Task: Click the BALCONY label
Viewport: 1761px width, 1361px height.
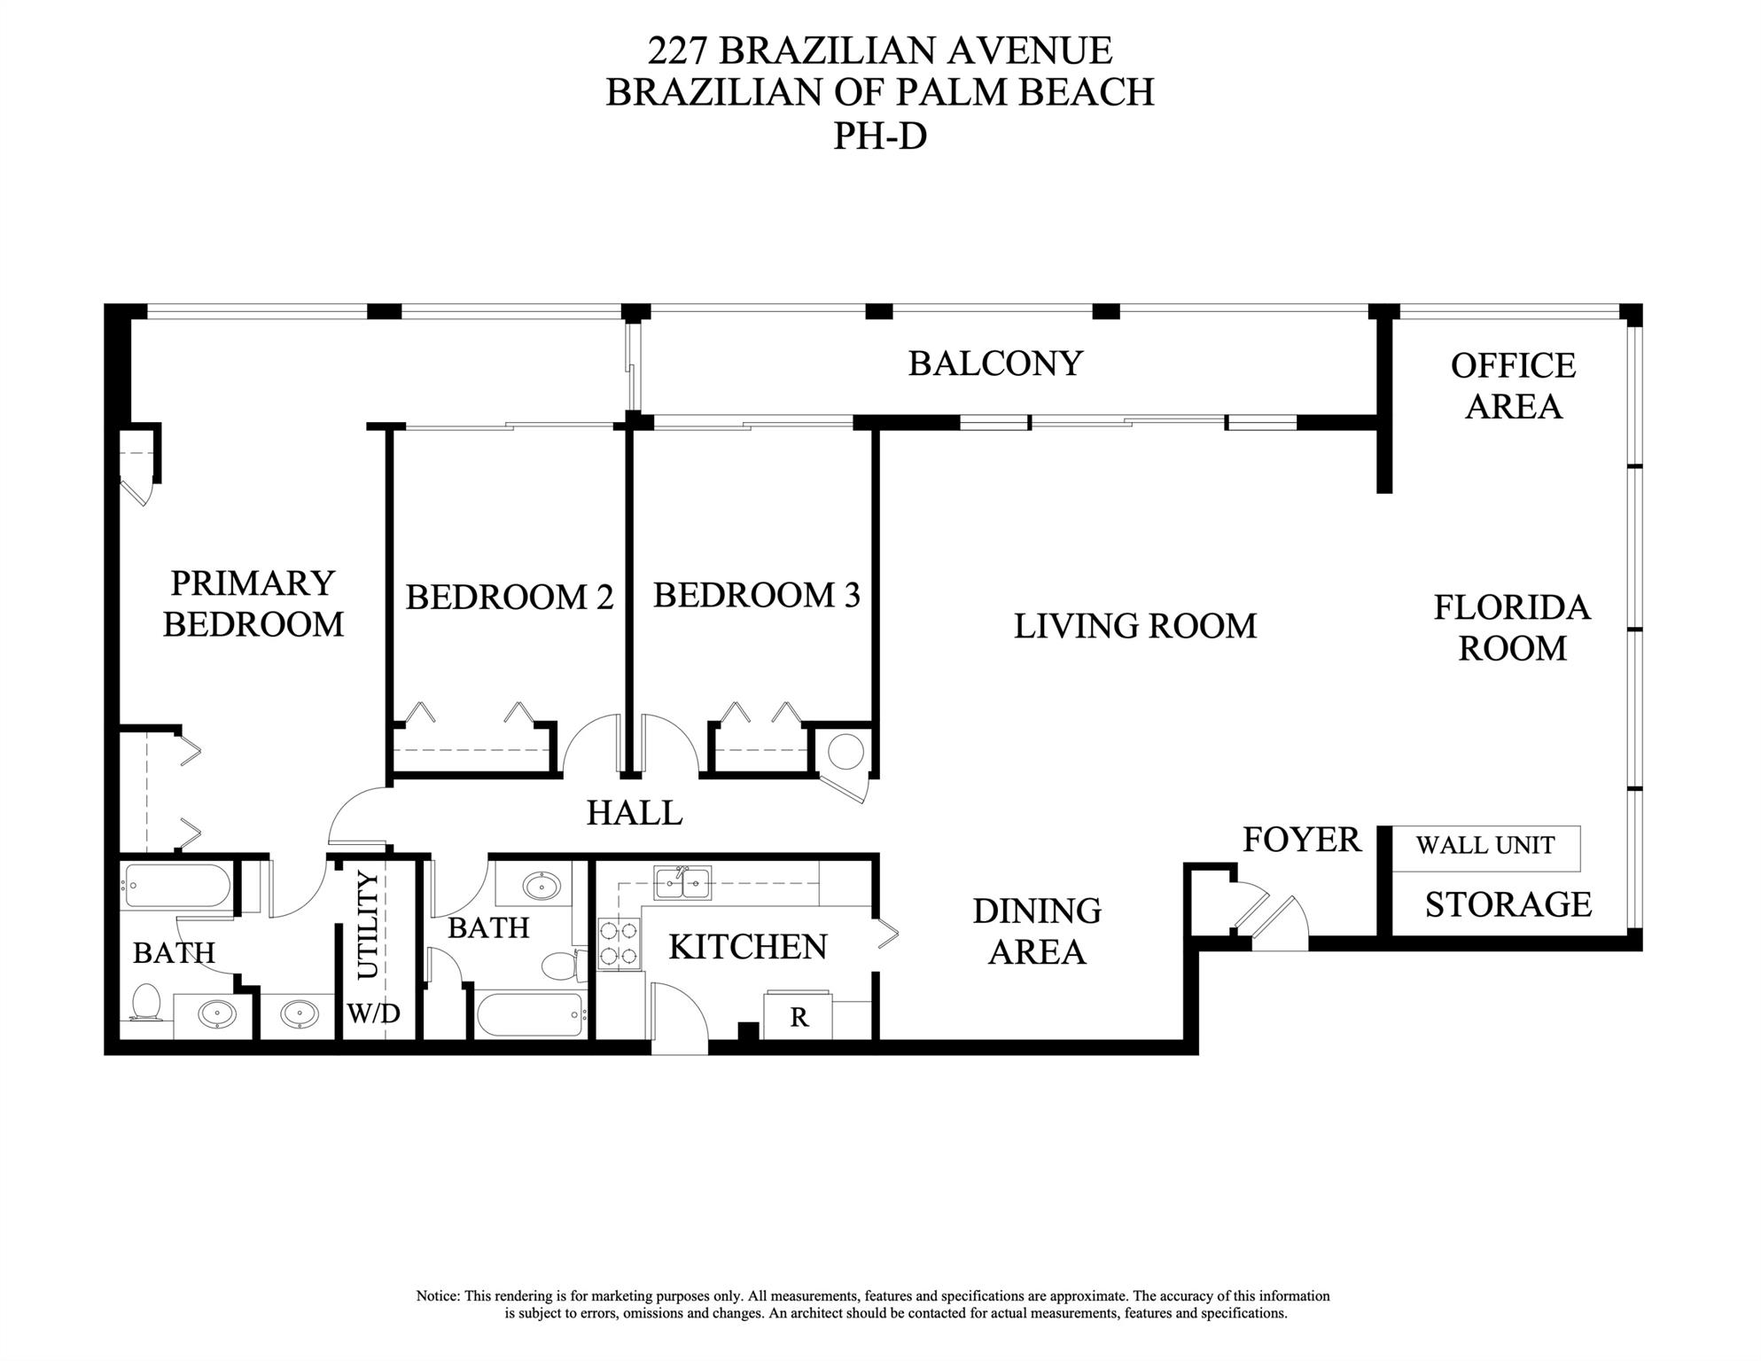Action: point(994,364)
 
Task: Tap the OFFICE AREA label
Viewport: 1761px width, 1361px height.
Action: point(1513,386)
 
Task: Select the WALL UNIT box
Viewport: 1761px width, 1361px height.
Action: point(1485,846)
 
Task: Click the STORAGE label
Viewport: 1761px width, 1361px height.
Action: point(1508,904)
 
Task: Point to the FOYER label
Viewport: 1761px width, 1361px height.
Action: point(1301,840)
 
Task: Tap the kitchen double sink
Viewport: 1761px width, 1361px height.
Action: point(682,883)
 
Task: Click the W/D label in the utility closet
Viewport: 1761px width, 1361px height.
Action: point(373,1013)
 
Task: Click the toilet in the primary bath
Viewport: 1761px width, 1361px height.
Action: point(145,1004)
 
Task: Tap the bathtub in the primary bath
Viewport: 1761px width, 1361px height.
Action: point(176,885)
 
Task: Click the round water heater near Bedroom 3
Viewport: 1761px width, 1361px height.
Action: point(845,752)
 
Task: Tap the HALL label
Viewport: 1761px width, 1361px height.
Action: point(635,812)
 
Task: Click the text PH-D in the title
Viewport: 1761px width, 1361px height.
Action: point(879,137)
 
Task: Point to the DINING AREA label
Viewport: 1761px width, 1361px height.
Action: point(1036,931)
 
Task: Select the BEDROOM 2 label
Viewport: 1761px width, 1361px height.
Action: point(509,597)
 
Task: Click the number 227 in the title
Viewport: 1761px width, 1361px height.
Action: point(677,51)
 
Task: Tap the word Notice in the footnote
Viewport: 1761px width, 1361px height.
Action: point(438,1296)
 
